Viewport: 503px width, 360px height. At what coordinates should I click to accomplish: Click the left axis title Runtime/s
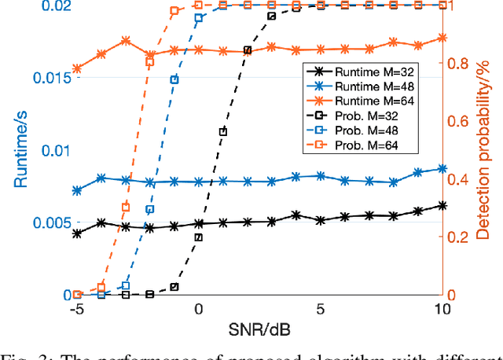pyautogui.click(x=13, y=150)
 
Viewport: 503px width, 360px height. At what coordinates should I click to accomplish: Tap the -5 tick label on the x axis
pyautogui.click(x=76, y=310)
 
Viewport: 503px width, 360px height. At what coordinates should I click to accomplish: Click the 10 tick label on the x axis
pyautogui.click(x=442, y=310)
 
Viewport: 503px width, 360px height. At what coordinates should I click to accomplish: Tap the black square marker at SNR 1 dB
pyautogui.click(x=223, y=132)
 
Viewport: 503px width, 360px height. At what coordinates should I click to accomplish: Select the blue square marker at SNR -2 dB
pyautogui.click(x=150, y=210)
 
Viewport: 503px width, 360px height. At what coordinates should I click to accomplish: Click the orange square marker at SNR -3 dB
pyautogui.click(x=126, y=208)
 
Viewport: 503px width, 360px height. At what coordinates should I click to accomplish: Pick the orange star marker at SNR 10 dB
pyautogui.click(x=442, y=38)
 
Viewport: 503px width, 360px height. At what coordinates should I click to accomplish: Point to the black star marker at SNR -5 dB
pyautogui.click(x=77, y=233)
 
